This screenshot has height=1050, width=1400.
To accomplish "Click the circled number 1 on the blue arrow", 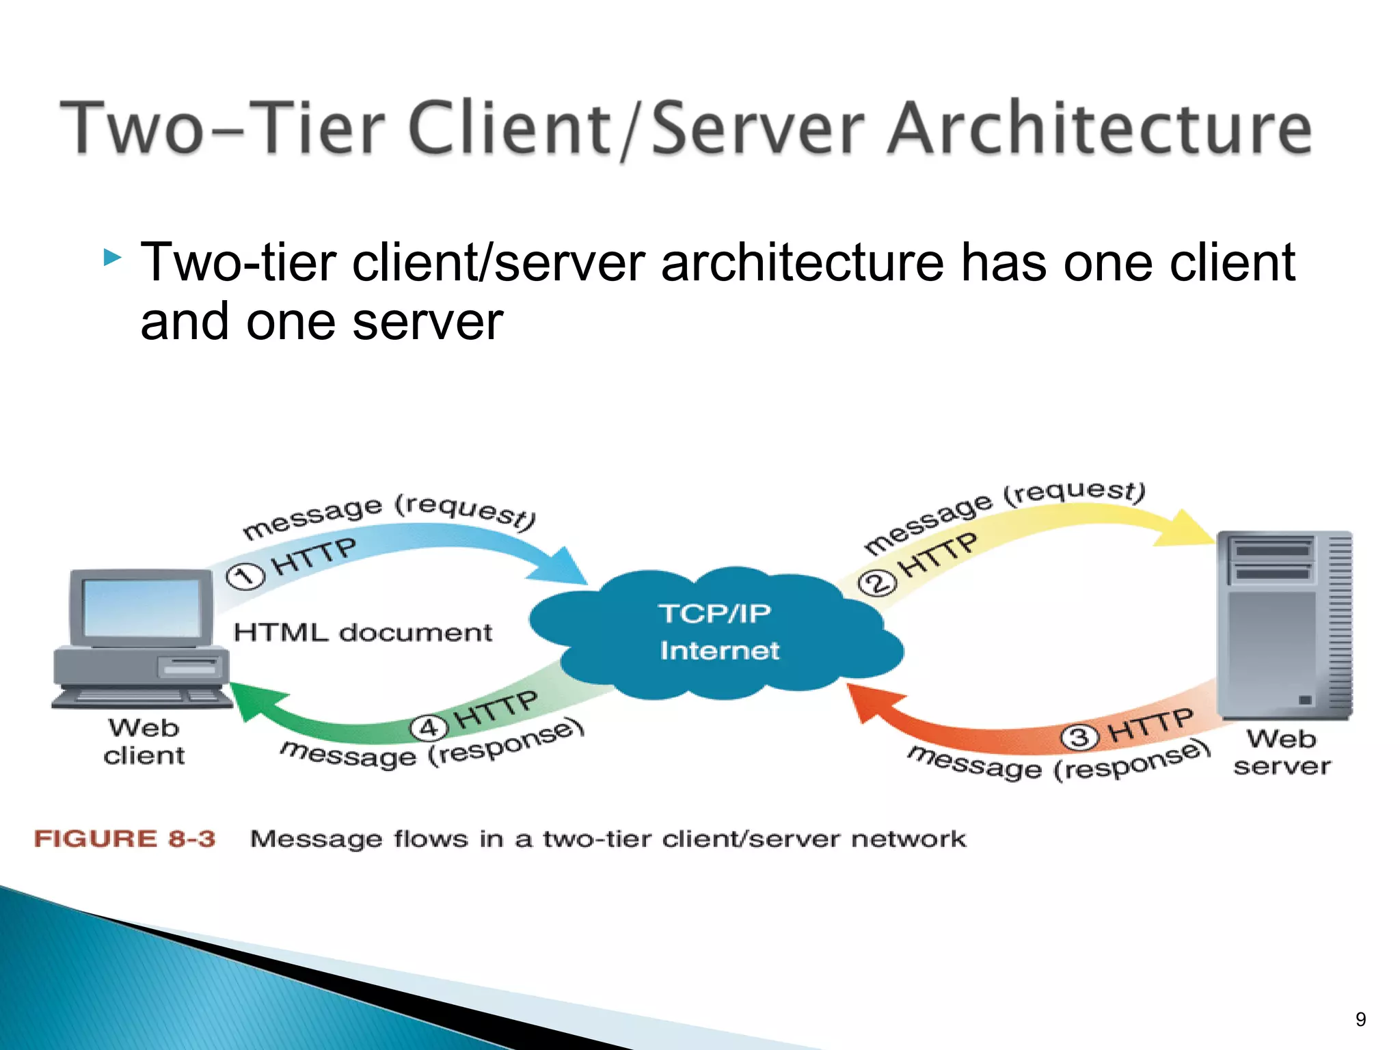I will coord(245,576).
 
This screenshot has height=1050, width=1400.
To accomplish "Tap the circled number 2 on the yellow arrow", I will coord(877,583).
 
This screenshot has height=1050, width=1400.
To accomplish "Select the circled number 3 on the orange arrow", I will coord(1079,737).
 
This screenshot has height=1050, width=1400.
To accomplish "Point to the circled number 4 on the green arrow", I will coord(428,727).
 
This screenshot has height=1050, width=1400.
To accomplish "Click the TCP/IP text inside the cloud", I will coord(714,613).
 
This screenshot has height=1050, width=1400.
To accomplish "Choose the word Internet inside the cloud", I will coord(719,650).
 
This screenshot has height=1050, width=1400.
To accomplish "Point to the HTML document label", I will coord(362,632).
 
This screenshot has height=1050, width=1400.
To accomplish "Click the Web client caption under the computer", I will coord(144,742).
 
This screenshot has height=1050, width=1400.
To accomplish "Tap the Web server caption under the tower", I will coord(1282,753).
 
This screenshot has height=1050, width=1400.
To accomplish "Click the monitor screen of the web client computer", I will coord(141,608).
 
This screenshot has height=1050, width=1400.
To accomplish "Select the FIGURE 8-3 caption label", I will coord(124,839).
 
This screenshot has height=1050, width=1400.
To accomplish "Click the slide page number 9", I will coord(1360,1020).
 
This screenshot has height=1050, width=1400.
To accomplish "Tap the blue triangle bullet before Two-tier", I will coord(113,258).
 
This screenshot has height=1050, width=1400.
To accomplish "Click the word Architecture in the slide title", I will coord(1099,128).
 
